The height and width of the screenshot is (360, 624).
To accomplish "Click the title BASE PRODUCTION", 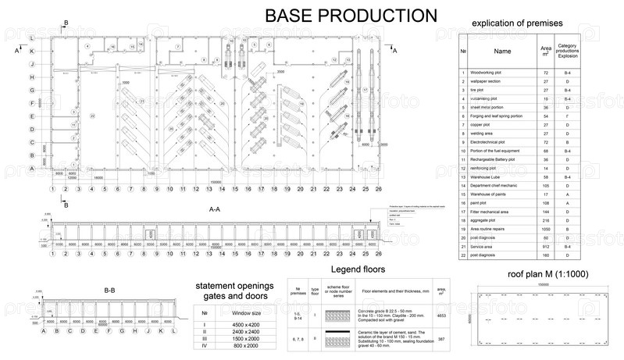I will pyautogui.click(x=351, y=16).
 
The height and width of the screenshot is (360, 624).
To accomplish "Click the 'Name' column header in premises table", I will pyautogui.click(x=503, y=52).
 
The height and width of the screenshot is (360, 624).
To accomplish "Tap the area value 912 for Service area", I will pyautogui.click(x=546, y=245).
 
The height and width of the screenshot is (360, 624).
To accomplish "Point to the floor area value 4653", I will pyautogui.click(x=442, y=315).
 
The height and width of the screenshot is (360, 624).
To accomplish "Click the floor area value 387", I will pyautogui.click(x=442, y=338).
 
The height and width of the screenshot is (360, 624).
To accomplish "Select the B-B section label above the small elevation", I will pyautogui.click(x=109, y=290).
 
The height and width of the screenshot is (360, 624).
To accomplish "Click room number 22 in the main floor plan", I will pyautogui.click(x=92, y=115).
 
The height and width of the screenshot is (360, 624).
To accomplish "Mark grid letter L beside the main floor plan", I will pyautogui.click(x=31, y=37).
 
